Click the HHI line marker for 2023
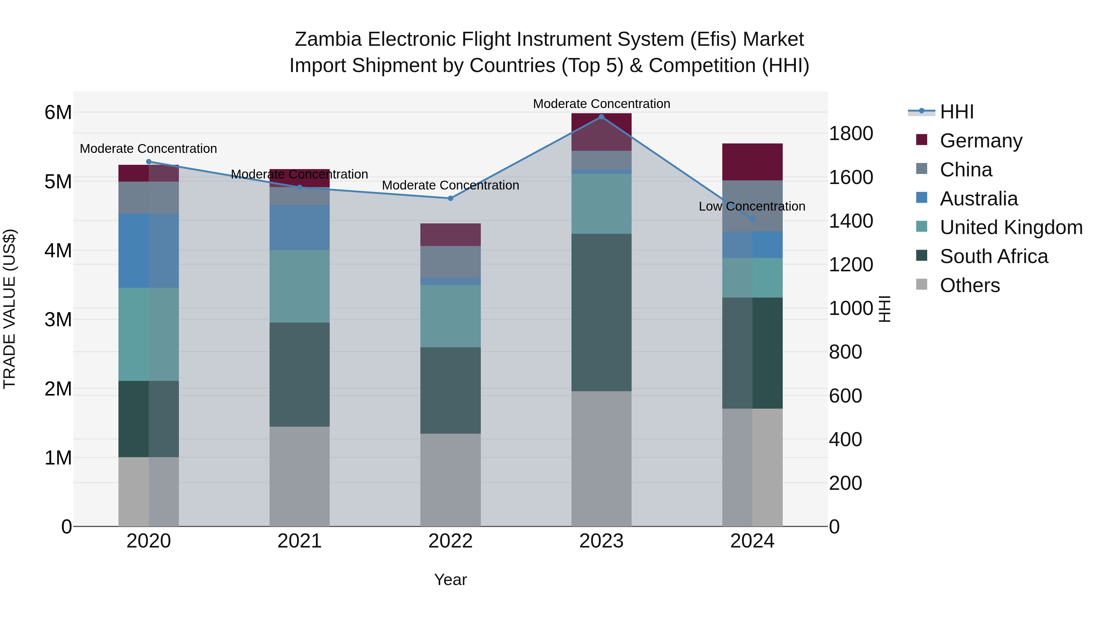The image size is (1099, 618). [x=601, y=117]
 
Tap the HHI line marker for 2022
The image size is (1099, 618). [x=451, y=198]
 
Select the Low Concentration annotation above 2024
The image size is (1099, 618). [x=752, y=206]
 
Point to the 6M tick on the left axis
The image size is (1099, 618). [x=58, y=113]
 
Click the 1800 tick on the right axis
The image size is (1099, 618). [x=851, y=133]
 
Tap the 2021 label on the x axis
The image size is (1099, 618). [x=299, y=541]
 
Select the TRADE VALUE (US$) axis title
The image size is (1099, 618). [x=9, y=309]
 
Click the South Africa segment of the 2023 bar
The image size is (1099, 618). [x=601, y=312]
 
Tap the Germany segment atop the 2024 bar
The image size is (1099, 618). [x=752, y=162]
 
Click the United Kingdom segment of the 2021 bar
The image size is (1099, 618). [x=299, y=286]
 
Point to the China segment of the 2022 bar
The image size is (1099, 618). [x=451, y=262]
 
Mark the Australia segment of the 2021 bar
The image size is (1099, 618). [x=299, y=227]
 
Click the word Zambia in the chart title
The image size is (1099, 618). [x=328, y=40]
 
